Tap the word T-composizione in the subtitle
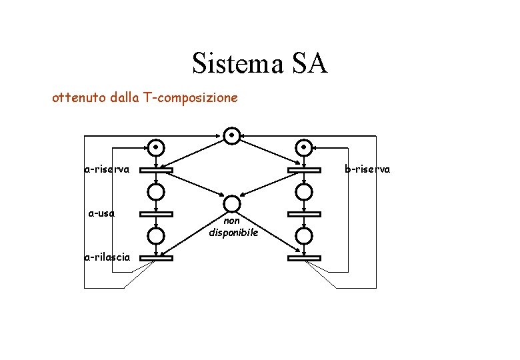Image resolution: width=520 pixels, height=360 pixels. tap(197, 98)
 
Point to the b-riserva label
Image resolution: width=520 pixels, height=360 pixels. tap(367, 169)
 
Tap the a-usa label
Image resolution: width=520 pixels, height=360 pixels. tap(102, 213)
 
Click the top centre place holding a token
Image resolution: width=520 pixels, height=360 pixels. tap(231, 135)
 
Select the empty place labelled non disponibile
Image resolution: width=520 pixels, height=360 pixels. tap(231, 203)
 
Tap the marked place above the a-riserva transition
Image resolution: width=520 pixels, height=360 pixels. tap(156, 147)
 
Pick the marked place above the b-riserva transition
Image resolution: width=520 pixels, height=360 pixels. tap(304, 147)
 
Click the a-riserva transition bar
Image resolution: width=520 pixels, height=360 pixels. tap(156, 170)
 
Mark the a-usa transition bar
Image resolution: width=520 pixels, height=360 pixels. tap(156, 214)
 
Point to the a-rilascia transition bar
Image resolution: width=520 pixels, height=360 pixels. tap(156, 258)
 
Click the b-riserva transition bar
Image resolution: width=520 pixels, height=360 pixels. tap(304, 170)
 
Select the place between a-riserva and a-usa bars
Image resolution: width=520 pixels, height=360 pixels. tap(156, 192)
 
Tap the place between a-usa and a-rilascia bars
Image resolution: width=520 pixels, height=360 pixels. tap(156, 236)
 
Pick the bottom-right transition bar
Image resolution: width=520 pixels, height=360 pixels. tap(304, 258)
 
